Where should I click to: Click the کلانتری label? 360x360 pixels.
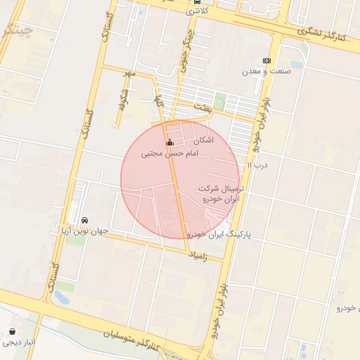(x=196, y=12)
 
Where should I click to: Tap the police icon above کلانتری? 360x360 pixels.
(x=196, y=2)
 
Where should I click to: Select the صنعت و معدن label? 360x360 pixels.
(x=262, y=72)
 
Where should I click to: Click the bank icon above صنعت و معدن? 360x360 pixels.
(x=266, y=61)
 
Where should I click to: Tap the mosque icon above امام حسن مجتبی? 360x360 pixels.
(x=169, y=143)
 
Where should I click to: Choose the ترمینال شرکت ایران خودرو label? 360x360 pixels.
(x=219, y=195)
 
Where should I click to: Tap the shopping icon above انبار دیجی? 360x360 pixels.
(x=13, y=331)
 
